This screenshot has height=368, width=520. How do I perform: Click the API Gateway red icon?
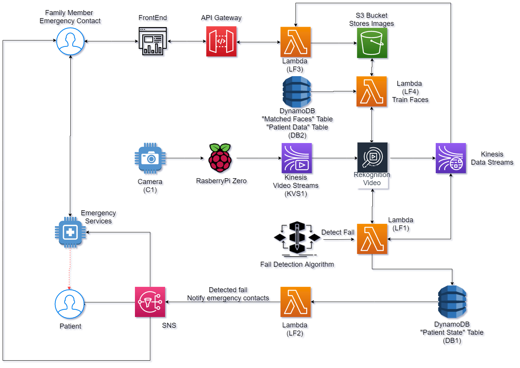(221, 41)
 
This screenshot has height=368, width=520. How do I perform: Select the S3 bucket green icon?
(372, 43)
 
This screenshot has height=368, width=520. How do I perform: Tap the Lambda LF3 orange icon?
(295, 42)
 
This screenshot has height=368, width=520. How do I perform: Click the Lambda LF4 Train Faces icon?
(372, 91)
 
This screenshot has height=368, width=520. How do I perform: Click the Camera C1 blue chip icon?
(150, 158)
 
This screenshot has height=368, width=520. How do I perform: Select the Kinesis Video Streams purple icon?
(297, 158)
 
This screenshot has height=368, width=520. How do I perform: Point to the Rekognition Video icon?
(372, 158)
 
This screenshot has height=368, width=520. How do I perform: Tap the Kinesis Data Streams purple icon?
(451, 158)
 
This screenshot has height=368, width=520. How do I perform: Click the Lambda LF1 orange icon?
(372, 239)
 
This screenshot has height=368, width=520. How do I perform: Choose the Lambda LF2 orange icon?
(295, 302)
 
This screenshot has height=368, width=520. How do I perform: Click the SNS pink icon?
(150, 302)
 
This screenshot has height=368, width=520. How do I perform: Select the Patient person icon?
(70, 304)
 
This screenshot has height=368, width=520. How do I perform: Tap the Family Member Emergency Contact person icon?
(70, 41)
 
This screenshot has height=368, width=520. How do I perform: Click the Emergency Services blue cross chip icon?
(70, 232)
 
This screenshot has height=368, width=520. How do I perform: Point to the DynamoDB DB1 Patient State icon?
(452, 302)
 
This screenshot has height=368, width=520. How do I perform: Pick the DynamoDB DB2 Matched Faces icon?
(297, 92)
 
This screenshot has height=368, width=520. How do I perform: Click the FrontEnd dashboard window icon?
(153, 41)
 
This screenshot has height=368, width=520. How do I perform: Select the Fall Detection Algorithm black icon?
(297, 238)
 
